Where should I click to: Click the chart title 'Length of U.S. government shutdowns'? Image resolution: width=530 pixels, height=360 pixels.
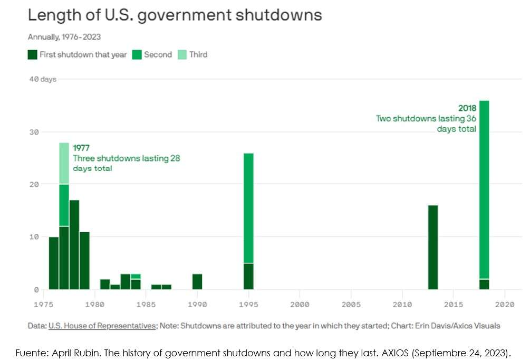[175, 15]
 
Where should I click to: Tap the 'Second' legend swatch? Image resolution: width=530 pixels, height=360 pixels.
[137, 54]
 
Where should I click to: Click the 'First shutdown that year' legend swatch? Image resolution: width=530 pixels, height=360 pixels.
[32, 54]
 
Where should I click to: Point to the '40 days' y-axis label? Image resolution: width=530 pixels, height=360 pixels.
[42, 79]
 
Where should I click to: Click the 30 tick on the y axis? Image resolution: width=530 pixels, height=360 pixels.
[34, 131]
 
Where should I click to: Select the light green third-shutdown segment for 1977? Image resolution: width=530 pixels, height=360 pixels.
[64, 163]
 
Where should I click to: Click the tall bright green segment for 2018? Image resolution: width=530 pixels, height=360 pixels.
[484, 190]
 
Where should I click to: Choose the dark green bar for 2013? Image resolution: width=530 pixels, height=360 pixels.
[433, 247]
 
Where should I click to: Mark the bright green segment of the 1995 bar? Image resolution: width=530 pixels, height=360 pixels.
[248, 208]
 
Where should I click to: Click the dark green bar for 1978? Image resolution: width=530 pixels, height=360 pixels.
[74, 244]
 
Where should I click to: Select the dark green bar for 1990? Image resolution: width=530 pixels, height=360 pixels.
[197, 281]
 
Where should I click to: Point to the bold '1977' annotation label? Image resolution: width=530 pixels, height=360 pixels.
[82, 148]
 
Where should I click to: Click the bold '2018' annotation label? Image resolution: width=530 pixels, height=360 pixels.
[467, 108]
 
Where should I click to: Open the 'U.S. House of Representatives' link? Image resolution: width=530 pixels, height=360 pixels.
[102, 326]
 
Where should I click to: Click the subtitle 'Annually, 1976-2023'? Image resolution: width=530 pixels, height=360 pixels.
[64, 37]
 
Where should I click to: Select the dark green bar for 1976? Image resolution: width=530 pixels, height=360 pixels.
[54, 263]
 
